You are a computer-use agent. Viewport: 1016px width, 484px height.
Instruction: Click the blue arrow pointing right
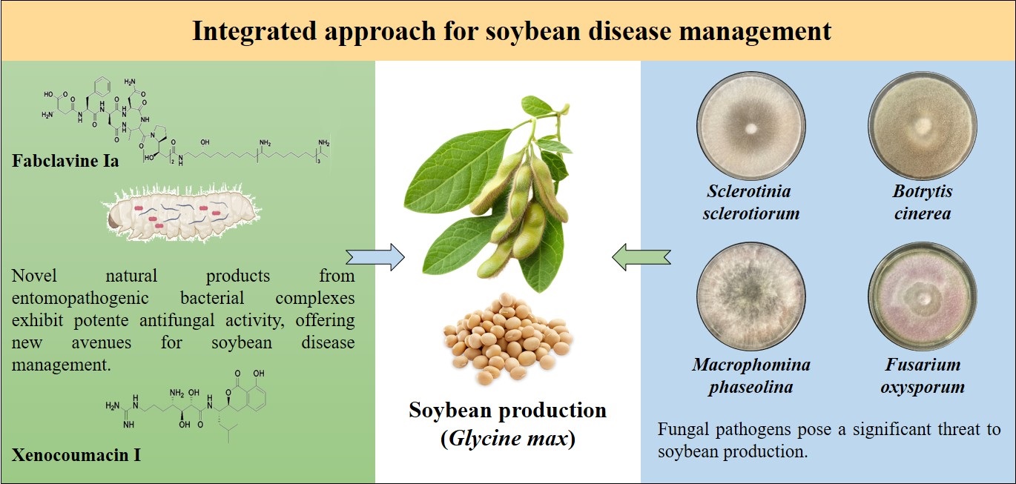(x=375, y=257)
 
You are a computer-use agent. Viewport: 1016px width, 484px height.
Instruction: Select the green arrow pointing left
(x=641, y=257)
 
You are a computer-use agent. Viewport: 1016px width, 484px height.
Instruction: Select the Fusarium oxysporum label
(x=923, y=376)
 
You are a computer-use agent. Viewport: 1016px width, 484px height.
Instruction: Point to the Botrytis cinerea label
(x=923, y=202)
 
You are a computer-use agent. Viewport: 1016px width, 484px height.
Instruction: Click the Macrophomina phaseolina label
(x=751, y=376)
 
